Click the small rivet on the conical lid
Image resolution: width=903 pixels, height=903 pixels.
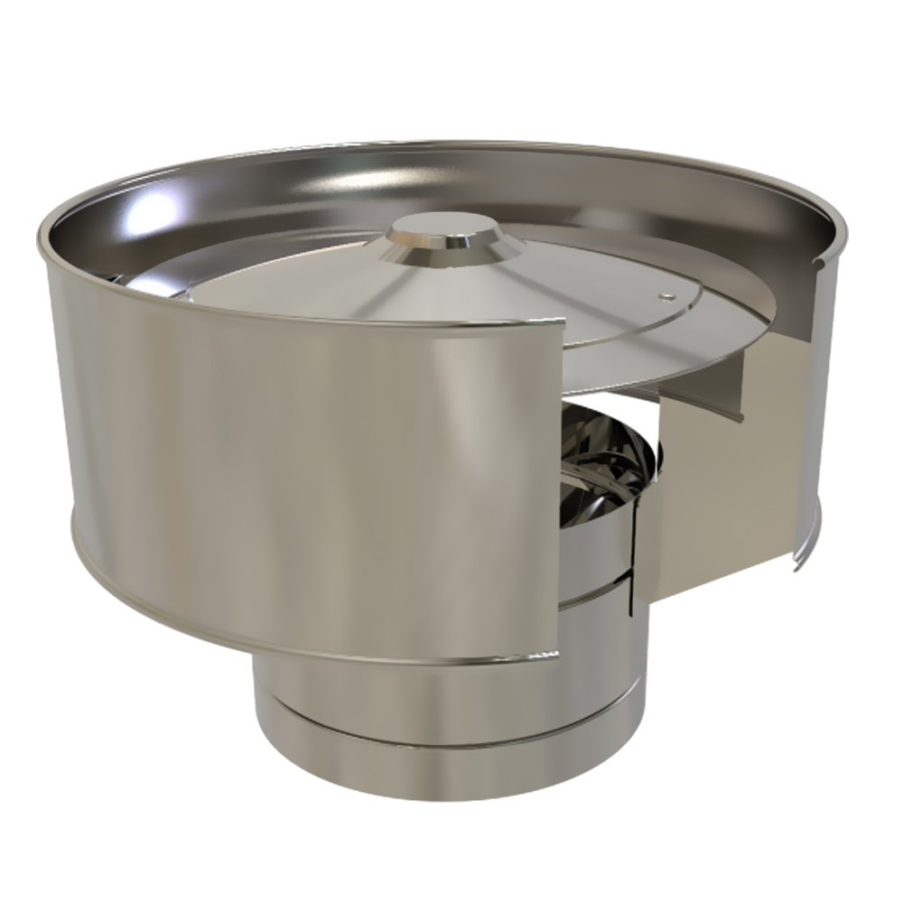pos(666,294)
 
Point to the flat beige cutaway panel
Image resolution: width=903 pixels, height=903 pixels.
pos(713,506)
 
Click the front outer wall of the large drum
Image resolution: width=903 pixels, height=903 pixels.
pos(298,451)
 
